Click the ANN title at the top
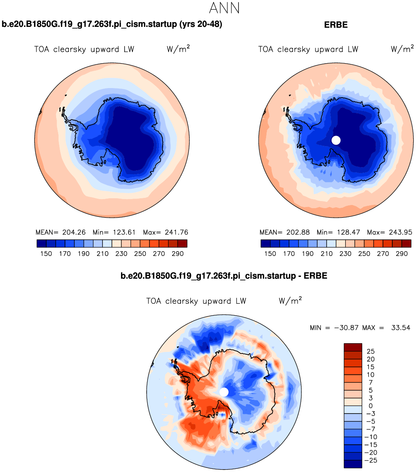tap(224, 8)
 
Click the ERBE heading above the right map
tap(336, 24)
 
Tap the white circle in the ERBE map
tap(336, 140)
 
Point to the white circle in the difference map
tap(224, 392)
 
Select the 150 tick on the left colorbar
tap(46, 254)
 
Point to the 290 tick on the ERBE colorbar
tap(402, 254)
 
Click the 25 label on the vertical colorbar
tap(371, 351)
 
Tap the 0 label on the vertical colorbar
tap(371, 406)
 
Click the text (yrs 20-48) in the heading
tap(200, 24)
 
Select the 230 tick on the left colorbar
tap(121, 254)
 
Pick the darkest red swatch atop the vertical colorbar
tap(353, 347)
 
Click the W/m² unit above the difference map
tap(291, 301)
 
